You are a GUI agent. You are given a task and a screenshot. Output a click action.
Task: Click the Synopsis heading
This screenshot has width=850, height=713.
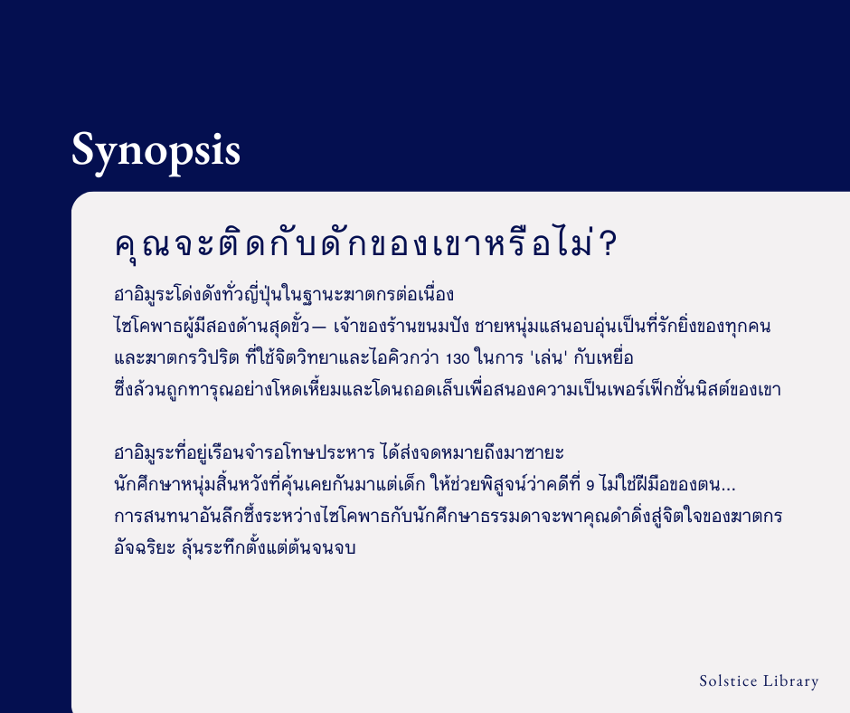click(x=156, y=151)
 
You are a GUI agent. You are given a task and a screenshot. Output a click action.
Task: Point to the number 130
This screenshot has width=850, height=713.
click(x=458, y=358)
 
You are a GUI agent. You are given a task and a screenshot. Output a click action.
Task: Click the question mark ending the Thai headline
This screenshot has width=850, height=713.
click(x=609, y=244)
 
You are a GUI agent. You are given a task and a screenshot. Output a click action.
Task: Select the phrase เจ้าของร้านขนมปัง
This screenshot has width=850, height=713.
click(x=401, y=326)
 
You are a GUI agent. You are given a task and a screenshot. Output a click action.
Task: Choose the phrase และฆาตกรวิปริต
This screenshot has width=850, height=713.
click(x=176, y=357)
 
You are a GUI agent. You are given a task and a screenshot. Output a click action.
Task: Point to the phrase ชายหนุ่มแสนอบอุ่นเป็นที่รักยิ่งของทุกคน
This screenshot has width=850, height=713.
click(x=622, y=326)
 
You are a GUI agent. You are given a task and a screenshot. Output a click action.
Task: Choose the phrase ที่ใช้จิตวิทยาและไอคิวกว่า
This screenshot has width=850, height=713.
click(x=342, y=357)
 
